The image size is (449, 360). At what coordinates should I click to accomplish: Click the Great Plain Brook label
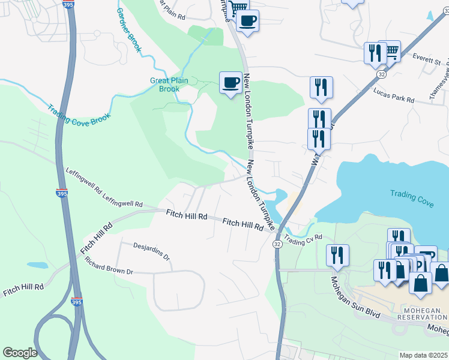pyautogui.click(x=165, y=85)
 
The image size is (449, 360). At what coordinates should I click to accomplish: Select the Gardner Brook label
pyautogui.click(x=128, y=30)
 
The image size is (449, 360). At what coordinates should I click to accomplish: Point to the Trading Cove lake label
pyautogui.click(x=412, y=198)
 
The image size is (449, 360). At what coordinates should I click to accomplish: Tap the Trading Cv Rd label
pyautogui.click(x=303, y=239)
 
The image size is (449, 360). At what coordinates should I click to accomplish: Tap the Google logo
pyautogui.click(x=20, y=353)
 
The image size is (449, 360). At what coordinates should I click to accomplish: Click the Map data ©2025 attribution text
pyautogui.click(x=423, y=355)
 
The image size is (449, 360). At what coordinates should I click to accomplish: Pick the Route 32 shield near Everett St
pyautogui.click(x=381, y=74)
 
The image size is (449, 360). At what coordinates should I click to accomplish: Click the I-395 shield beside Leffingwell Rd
pyautogui.click(x=62, y=193)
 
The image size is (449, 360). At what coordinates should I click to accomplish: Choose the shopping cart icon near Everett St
pyautogui.click(x=391, y=51)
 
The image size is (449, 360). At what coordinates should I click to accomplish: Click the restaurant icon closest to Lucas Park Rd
pyautogui.click(x=321, y=87)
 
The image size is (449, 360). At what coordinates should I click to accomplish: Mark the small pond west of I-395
pyautogui.click(x=37, y=265)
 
